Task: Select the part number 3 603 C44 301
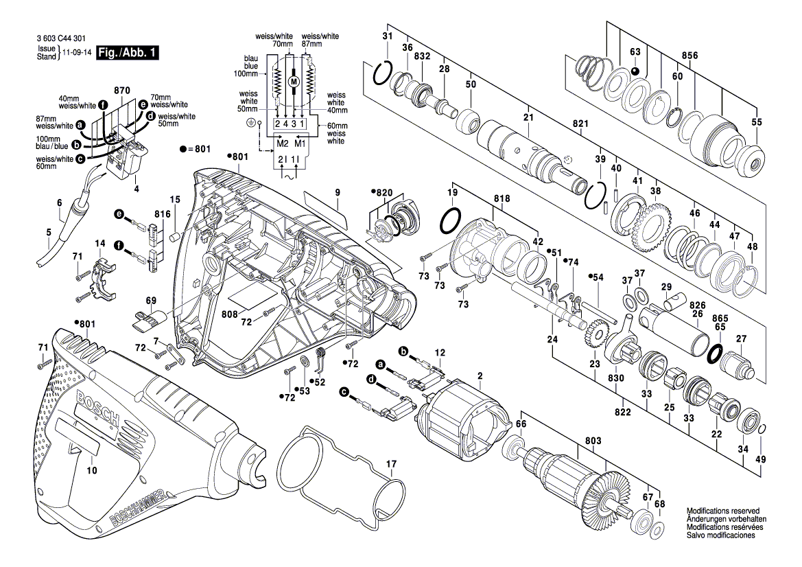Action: [66, 41]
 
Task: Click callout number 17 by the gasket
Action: [391, 464]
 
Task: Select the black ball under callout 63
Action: [635, 71]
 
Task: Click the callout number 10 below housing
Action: [92, 470]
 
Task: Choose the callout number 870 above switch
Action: [122, 91]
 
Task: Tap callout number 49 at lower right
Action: [760, 459]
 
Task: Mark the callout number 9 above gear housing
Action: [338, 193]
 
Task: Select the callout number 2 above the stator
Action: [480, 375]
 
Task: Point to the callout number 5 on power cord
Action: [49, 232]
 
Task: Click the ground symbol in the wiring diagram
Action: [250, 124]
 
